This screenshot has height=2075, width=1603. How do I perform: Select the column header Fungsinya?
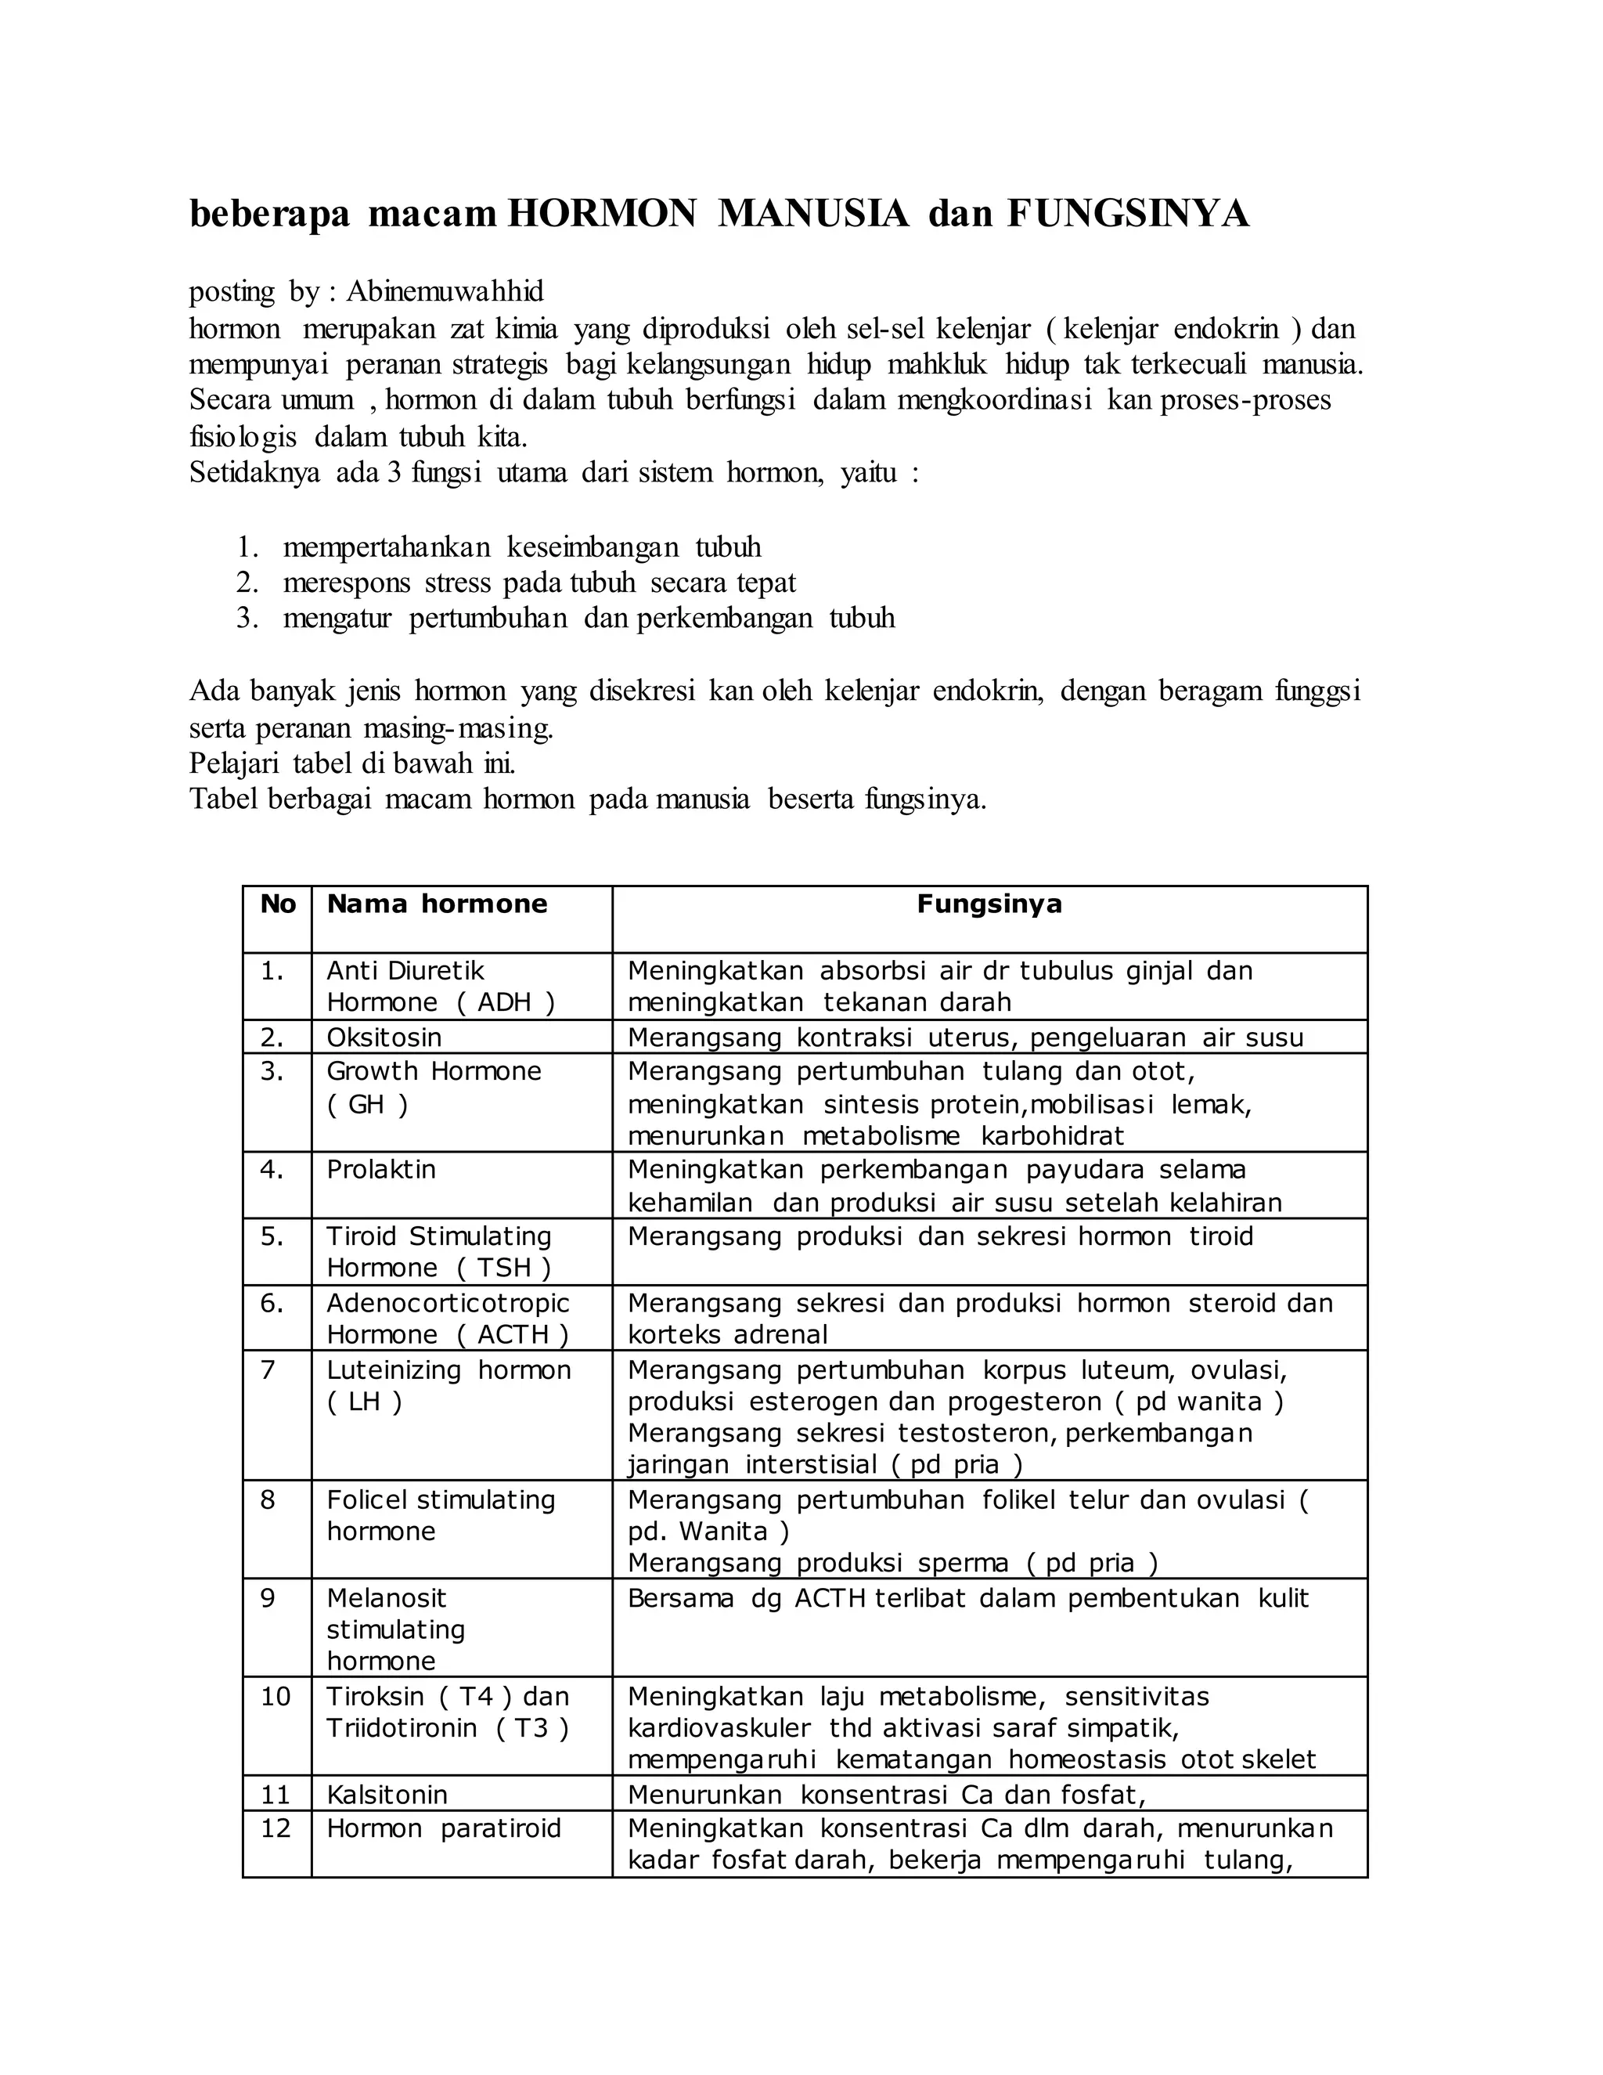(x=989, y=904)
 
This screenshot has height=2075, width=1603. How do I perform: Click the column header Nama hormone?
(x=437, y=904)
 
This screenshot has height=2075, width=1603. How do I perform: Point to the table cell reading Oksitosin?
(x=384, y=1037)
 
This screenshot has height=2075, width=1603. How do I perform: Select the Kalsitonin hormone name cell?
(x=387, y=1794)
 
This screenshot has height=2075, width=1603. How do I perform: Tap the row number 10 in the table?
(x=276, y=1696)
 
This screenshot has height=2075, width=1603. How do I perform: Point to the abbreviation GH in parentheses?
(x=366, y=1104)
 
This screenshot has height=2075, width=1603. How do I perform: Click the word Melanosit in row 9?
(x=386, y=1598)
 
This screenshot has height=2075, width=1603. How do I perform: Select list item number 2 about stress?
(x=539, y=583)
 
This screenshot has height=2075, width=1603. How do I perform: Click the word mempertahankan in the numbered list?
(x=387, y=547)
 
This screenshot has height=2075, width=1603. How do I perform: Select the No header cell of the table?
(x=277, y=904)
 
